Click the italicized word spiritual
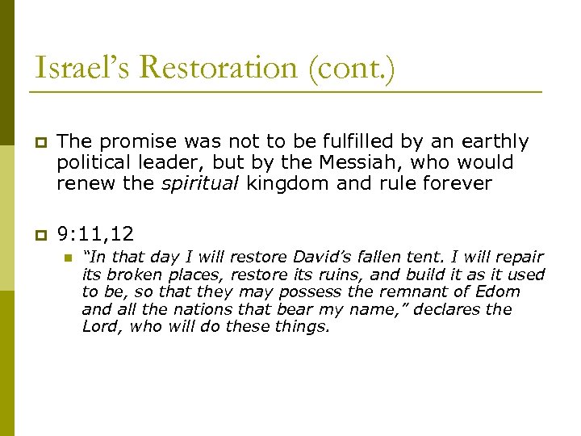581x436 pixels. point(201,184)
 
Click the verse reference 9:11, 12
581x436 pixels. point(95,234)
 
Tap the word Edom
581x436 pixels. point(501,291)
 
